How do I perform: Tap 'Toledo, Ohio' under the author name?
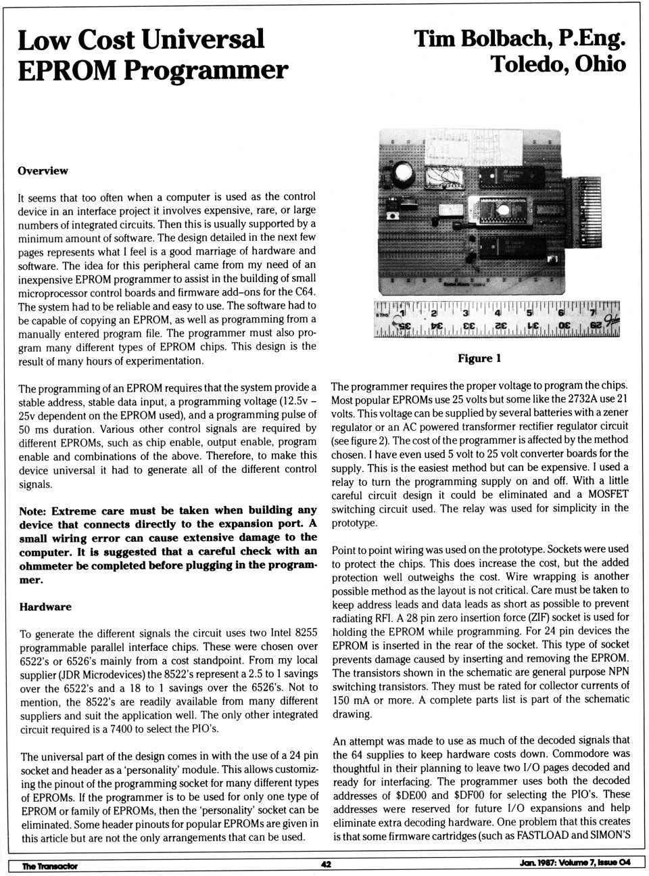coord(558,65)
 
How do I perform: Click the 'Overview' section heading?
coord(43,170)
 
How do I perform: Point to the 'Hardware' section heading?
coord(45,607)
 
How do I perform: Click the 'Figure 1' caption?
coord(479,359)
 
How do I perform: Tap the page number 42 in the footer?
coord(326,864)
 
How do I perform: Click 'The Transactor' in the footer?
coord(49,866)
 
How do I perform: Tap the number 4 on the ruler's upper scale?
coord(498,313)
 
